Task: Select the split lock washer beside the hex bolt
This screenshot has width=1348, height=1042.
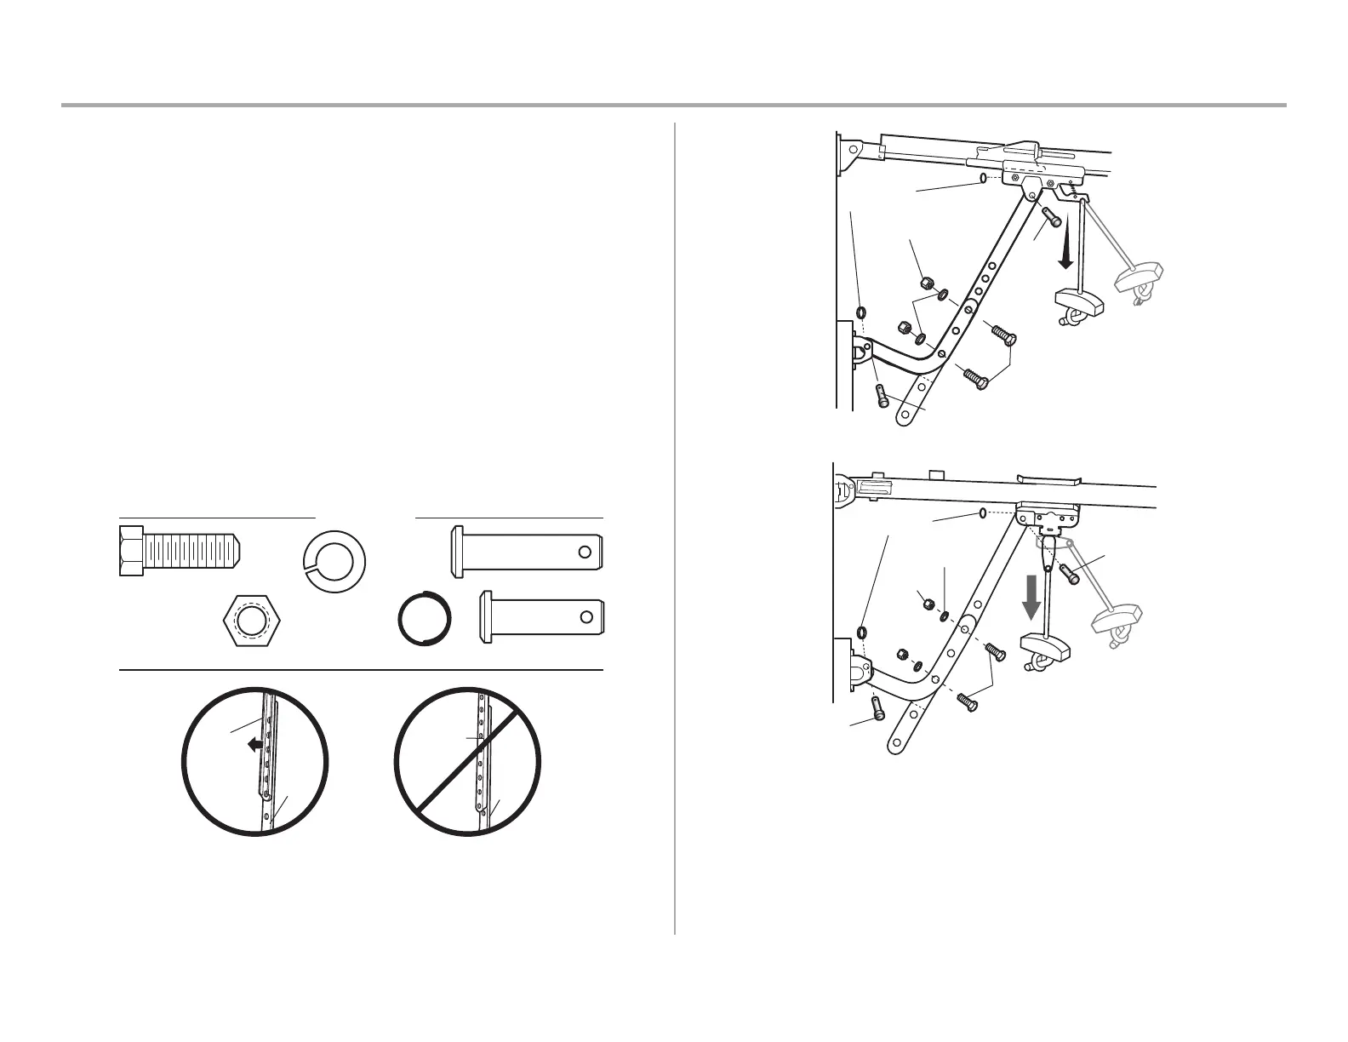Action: [334, 560]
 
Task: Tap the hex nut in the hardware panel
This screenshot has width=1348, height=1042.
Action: [250, 621]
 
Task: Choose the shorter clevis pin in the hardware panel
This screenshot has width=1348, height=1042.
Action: [542, 616]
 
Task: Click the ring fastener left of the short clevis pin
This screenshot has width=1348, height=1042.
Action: [424, 616]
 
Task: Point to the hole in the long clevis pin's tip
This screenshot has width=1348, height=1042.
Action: [585, 552]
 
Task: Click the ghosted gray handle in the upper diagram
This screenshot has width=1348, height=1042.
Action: [1137, 278]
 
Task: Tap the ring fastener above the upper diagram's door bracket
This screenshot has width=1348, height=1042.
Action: [862, 311]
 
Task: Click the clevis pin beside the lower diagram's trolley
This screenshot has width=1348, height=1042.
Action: [1070, 573]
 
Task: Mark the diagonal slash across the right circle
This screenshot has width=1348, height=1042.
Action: [467, 759]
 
